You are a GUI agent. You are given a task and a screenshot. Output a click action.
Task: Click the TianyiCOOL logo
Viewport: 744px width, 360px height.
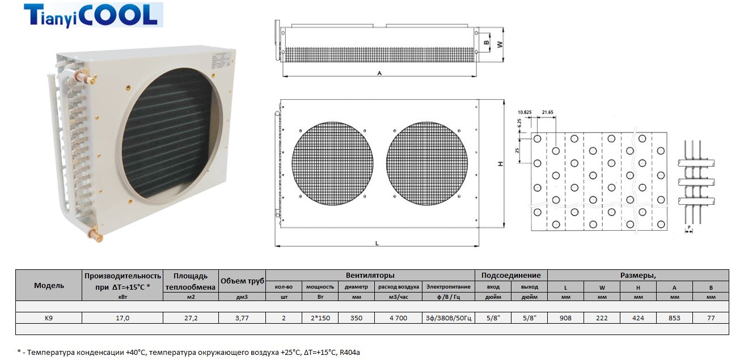93,15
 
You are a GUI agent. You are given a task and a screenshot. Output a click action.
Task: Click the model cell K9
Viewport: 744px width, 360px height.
49,318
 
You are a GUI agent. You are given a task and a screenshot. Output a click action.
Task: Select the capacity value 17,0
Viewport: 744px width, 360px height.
122,318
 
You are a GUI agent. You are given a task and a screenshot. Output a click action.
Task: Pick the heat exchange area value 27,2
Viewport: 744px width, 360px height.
191,318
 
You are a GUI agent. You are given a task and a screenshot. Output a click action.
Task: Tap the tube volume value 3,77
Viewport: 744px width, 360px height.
242,318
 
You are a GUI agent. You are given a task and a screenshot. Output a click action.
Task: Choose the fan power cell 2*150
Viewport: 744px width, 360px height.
320,318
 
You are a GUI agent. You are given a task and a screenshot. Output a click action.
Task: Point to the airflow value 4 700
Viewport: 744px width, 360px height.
398,318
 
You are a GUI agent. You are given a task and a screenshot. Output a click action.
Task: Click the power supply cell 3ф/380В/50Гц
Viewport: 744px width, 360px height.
449,318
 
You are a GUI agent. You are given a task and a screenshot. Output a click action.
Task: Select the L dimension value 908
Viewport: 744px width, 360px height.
565,318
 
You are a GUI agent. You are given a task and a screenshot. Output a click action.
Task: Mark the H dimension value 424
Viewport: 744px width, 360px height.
638,318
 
